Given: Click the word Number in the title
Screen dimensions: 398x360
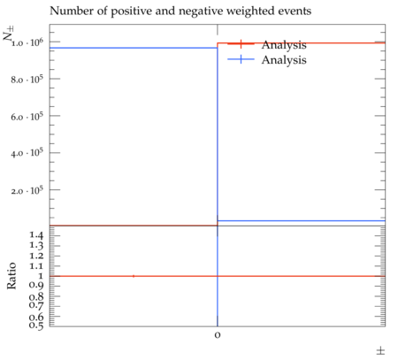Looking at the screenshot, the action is [x=72, y=11].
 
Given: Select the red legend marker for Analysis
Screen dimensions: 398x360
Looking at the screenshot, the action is [x=241, y=44].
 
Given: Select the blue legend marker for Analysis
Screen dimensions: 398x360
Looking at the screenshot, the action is [x=241, y=59].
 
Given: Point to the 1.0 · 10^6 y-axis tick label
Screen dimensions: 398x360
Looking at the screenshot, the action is [x=27, y=42].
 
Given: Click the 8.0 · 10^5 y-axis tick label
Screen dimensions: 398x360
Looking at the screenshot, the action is [x=27, y=80].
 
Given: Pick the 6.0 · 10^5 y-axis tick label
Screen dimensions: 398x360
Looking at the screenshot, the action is [x=27, y=117].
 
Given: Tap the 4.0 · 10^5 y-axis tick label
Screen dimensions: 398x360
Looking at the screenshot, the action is [x=27, y=153].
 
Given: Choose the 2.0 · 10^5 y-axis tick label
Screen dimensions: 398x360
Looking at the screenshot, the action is [x=27, y=190].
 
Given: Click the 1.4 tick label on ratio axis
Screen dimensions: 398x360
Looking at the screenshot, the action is [x=36, y=235].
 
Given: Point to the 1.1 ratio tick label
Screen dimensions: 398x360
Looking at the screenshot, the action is [x=36, y=266].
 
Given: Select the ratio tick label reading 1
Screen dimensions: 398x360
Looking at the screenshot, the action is [x=41, y=276].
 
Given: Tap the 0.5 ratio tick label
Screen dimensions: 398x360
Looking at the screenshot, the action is [x=36, y=325].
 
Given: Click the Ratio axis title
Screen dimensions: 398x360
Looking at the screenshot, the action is [x=11, y=276].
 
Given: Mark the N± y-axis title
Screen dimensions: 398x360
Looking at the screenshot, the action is [x=8, y=34].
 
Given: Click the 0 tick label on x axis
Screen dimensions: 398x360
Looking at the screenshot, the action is [x=218, y=335].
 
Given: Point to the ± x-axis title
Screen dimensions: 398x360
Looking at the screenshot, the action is [x=380, y=351].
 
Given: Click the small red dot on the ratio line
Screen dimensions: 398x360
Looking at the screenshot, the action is [x=134, y=276].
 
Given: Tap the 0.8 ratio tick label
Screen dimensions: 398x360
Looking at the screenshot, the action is [x=36, y=296].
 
